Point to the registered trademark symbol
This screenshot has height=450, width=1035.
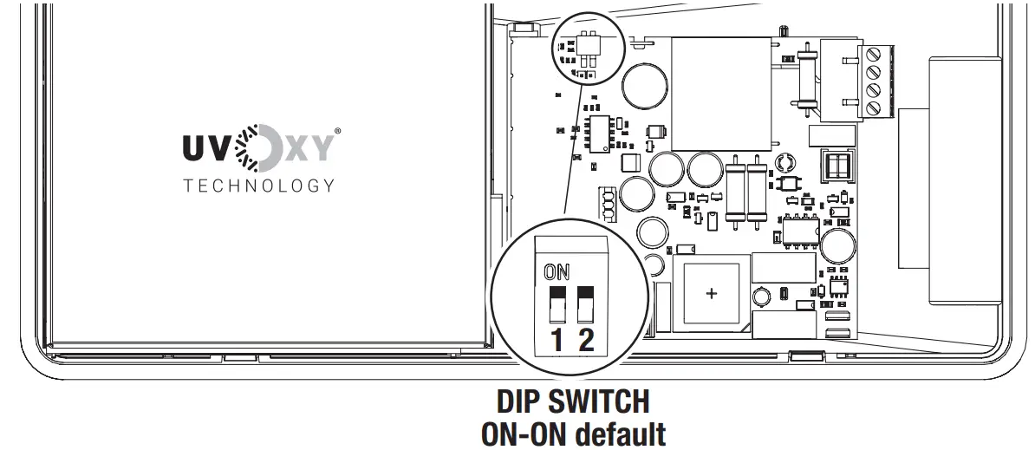337,132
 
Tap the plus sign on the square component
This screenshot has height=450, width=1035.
712,294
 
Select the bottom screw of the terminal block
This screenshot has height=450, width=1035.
872,108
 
